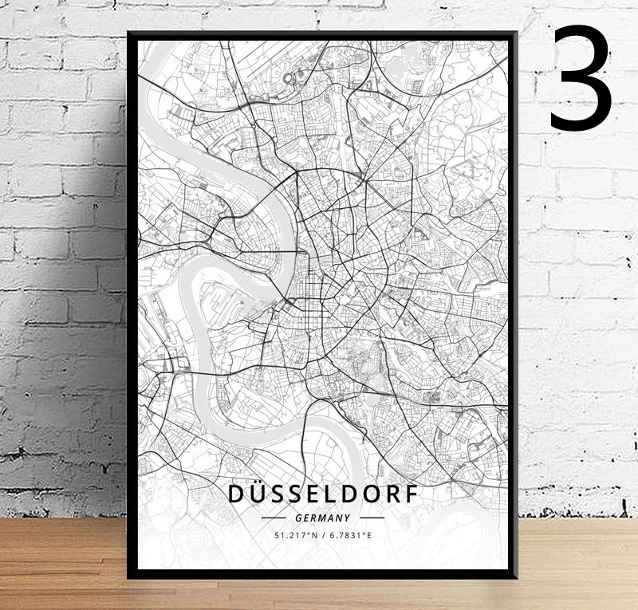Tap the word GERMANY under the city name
tap(322, 518)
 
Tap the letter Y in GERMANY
tap(346, 518)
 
